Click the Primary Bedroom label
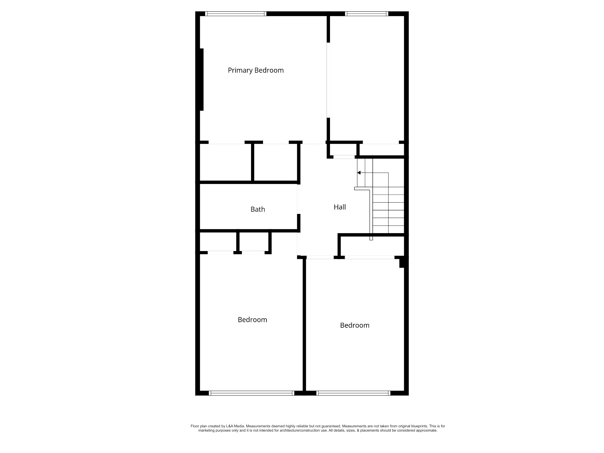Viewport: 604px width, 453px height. [256, 70]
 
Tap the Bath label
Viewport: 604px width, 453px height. [258, 209]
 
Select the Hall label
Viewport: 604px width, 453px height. [340, 207]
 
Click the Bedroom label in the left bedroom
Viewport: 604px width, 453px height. [252, 320]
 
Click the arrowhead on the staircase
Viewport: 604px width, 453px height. [359, 173]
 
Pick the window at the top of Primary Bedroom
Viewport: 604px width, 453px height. [236, 14]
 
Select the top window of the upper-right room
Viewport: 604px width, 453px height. [366, 14]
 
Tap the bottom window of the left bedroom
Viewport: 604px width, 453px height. [251, 393]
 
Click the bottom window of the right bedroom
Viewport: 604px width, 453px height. [353, 393]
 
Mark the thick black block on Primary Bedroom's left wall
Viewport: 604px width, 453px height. [202, 80]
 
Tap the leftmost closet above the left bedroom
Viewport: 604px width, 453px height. [218, 242]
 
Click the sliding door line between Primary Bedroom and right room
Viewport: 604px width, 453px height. [327, 80]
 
